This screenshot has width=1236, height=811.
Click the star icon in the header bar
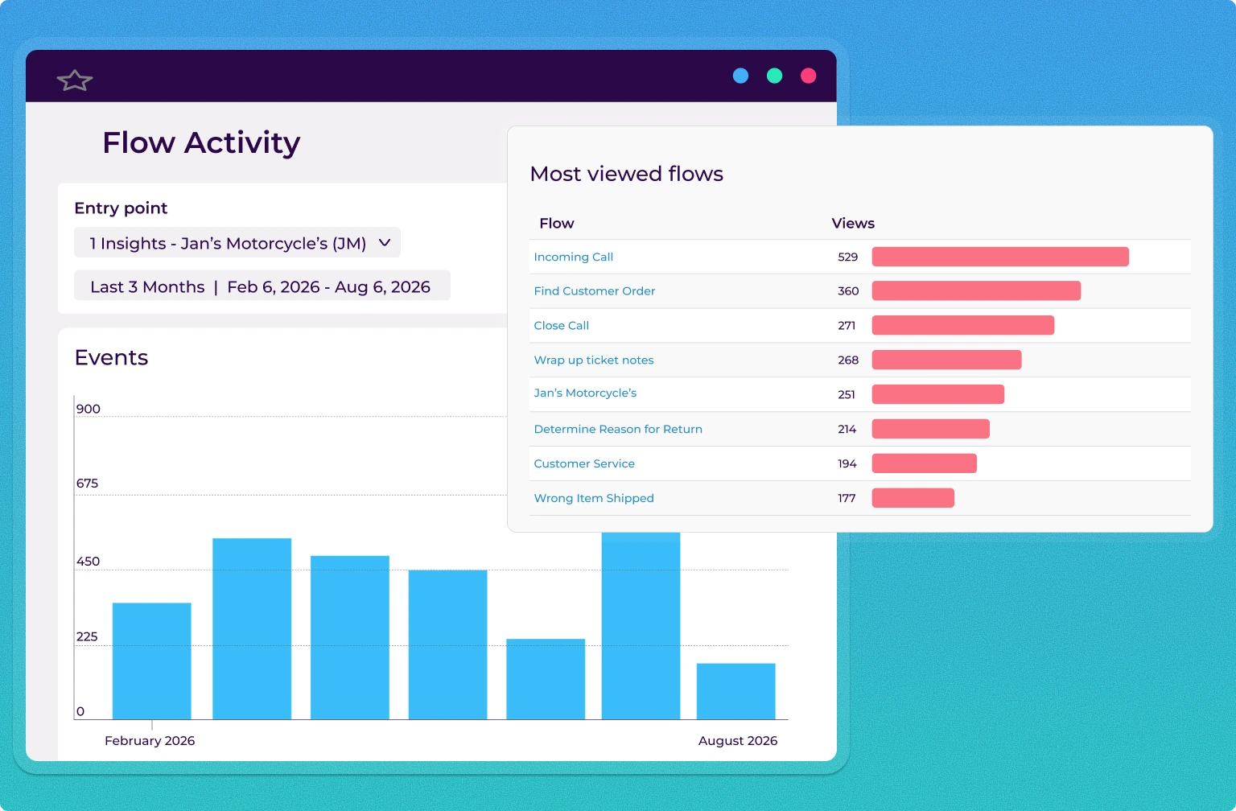[75, 80]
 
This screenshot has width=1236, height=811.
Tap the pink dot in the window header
[809, 76]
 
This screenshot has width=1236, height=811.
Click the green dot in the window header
[774, 76]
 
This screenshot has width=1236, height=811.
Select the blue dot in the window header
[740, 76]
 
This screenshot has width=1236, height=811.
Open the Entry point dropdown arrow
[385, 243]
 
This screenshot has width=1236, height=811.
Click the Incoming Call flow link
[573, 257]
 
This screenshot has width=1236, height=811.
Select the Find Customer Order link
[594, 291]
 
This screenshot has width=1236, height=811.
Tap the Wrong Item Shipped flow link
[593, 498]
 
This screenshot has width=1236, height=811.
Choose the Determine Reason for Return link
[617, 429]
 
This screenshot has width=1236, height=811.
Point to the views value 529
[847, 257]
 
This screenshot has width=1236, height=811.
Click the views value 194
[847, 463]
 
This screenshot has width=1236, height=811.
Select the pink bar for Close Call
[962, 325]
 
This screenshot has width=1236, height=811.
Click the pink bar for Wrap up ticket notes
[946, 360]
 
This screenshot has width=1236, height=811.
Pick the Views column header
[852, 224]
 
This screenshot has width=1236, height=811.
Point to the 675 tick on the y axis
[87, 484]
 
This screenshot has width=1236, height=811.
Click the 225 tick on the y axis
[87, 636]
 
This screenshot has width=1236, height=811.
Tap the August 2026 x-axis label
[737, 741]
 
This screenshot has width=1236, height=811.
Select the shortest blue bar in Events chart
[735, 691]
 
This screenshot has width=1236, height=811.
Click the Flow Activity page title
[201, 143]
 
